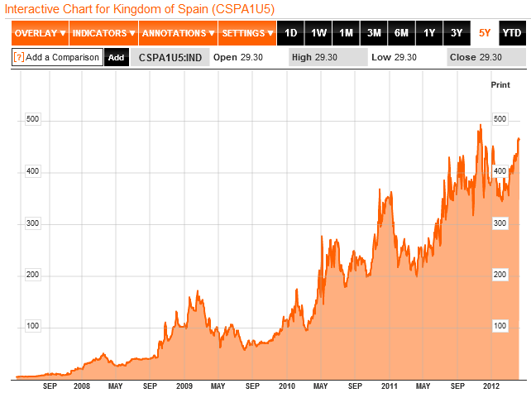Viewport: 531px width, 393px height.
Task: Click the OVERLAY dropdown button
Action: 39,34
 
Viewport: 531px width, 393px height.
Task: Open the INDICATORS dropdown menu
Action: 103,34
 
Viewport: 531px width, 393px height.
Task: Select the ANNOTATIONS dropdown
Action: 177,34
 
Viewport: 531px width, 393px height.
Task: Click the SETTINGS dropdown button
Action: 247,34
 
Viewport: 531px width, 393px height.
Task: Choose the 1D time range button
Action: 291,34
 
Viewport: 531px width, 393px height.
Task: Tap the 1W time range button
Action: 318,34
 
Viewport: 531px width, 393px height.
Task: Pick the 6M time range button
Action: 401,34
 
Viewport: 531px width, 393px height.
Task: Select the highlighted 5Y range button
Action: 485,34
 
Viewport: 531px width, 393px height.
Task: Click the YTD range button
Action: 512,34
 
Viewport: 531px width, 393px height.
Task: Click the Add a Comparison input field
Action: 57,57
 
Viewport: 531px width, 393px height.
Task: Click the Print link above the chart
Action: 500,85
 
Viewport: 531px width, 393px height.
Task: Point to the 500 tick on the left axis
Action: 34,120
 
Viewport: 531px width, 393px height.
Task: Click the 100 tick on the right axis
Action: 500,326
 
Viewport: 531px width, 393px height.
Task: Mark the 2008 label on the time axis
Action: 82,386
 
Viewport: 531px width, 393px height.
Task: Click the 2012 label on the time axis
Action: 492,386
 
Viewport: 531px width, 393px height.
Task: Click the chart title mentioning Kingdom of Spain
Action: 138,8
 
